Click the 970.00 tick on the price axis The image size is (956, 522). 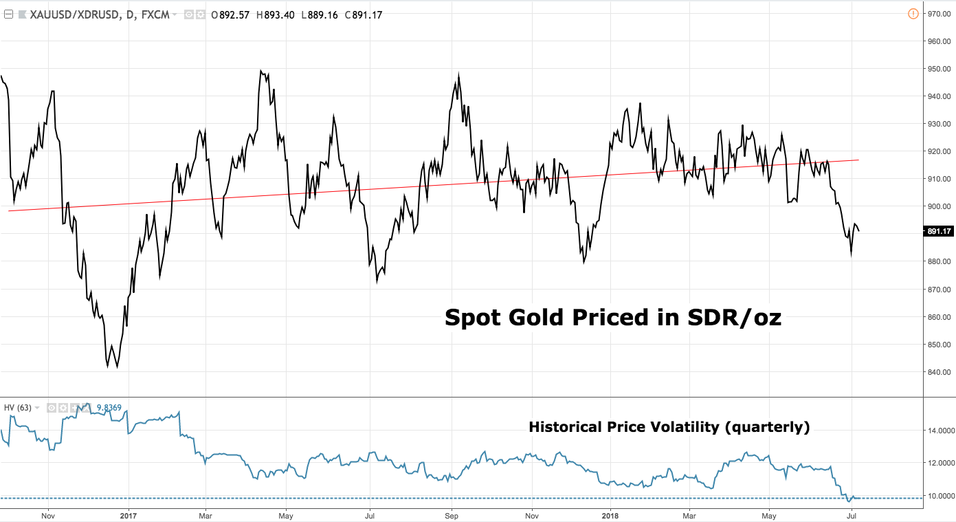pos(939,14)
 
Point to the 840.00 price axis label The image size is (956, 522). pos(939,372)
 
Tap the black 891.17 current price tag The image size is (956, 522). pos(938,232)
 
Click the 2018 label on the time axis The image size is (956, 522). pos(610,514)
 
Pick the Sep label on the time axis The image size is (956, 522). pos(452,514)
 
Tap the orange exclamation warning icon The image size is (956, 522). pos(913,13)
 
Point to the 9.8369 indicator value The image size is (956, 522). pos(109,408)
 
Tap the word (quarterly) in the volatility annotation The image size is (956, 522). pos(767,427)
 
